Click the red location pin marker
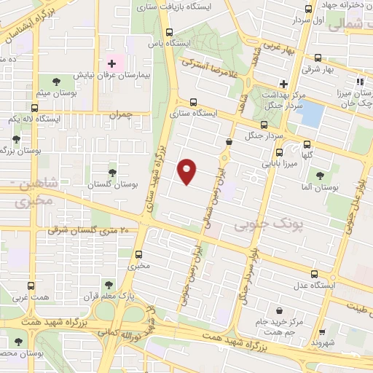188,170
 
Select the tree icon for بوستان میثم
56,79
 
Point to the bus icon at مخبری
138,254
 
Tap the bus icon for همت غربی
30,286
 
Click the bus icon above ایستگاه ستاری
193,103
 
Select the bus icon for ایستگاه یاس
170,32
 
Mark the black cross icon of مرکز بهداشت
283,82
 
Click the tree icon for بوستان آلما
319,175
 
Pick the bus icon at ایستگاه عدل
314,274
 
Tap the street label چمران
123,114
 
